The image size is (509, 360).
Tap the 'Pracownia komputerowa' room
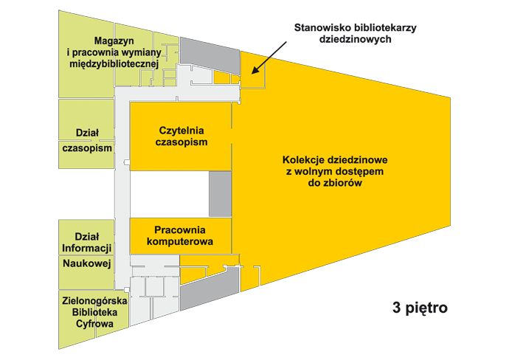click(181, 235)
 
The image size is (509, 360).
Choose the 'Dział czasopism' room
click(87, 140)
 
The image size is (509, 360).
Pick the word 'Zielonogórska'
click(94, 301)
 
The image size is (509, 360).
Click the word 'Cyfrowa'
click(94, 324)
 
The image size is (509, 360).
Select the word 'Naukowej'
click(86, 263)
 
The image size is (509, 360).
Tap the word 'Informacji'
click(86, 246)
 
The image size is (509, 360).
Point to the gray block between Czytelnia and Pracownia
click(220, 194)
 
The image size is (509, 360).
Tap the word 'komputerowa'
click(181, 241)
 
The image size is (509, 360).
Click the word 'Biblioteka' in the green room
click(94, 313)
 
